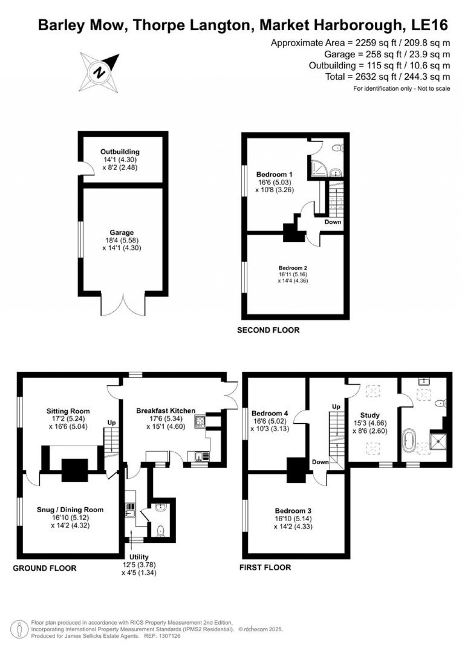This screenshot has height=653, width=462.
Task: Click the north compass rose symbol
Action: [x=99, y=72]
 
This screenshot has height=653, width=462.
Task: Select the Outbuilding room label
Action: [x=120, y=152]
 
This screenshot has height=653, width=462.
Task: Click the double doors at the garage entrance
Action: [x=122, y=304]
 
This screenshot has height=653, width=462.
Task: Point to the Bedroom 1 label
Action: [x=274, y=175]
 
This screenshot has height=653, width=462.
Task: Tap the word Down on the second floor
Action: [x=333, y=222]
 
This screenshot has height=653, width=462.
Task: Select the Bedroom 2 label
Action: [x=293, y=268]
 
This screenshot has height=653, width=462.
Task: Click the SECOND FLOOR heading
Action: [x=268, y=330]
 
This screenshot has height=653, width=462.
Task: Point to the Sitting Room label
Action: [x=68, y=411]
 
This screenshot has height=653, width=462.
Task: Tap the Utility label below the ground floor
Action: [x=139, y=557]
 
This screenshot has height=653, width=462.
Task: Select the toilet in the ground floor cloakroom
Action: [x=160, y=531]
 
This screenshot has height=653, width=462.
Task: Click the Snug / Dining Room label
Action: [x=70, y=510]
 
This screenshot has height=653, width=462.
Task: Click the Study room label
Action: [x=370, y=415]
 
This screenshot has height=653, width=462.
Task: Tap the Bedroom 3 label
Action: [x=293, y=511]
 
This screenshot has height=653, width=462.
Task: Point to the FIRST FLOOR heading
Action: [x=265, y=568]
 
